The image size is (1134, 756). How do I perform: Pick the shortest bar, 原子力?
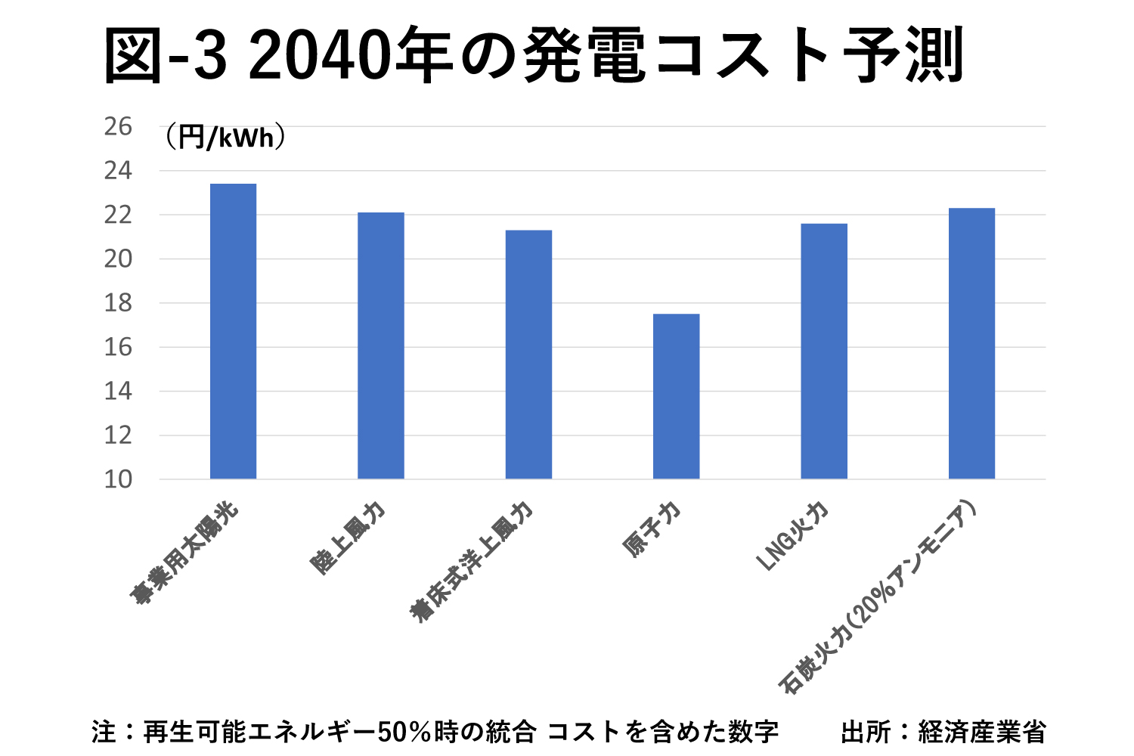pyautogui.click(x=676, y=396)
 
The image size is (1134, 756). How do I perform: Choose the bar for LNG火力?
pyautogui.click(x=824, y=351)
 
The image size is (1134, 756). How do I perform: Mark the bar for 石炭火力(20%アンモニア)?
pyautogui.click(x=971, y=343)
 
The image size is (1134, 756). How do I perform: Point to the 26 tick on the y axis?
pyautogui.click(x=118, y=127)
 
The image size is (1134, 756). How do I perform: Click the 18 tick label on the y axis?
pyautogui.click(x=118, y=303)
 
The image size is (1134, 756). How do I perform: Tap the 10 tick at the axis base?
pyautogui.click(x=118, y=479)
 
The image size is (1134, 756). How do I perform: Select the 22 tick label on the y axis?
pyautogui.click(x=118, y=215)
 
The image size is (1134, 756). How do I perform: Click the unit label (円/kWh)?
pyautogui.click(x=225, y=138)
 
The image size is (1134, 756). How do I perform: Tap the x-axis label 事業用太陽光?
pyautogui.click(x=184, y=553)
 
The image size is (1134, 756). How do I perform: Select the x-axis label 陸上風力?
pyautogui.click(x=349, y=538)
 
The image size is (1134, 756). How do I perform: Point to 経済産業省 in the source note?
pyautogui.click(x=982, y=733)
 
